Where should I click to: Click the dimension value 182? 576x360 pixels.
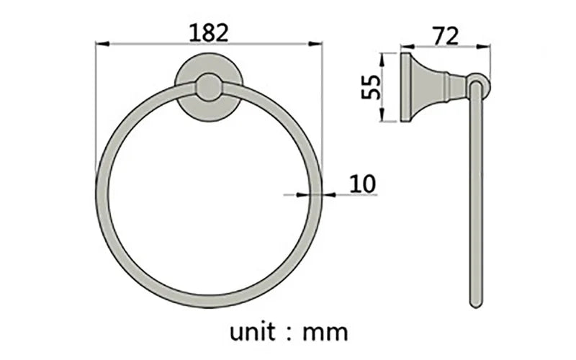click(x=209, y=32)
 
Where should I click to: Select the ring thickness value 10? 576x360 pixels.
click(x=363, y=184)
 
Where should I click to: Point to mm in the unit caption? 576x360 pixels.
click(x=325, y=333)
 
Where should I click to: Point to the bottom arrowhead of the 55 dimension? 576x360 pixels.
click(x=390, y=120)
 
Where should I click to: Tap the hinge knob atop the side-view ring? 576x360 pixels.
click(x=478, y=85)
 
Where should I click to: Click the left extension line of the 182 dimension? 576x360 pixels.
click(x=96, y=108)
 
